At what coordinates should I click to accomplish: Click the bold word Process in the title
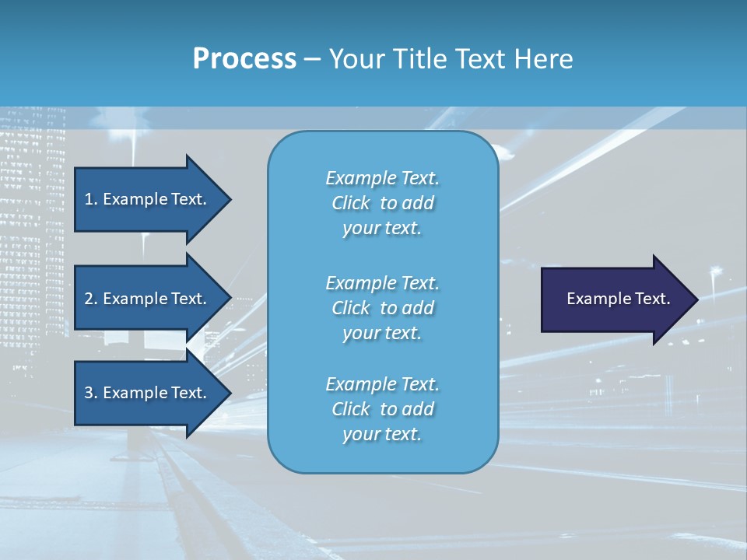244,59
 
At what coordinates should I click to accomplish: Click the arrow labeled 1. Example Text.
148,199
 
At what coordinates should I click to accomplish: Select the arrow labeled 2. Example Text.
148,299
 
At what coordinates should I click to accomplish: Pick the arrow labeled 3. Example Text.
148,393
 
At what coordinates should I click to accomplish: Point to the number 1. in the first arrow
90,199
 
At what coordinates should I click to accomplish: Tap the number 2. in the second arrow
90,299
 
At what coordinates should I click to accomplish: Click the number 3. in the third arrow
90,393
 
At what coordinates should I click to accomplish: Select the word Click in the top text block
351,204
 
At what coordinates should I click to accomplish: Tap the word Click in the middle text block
351,308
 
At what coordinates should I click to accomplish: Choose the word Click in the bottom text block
351,409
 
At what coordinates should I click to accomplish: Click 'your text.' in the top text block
382,229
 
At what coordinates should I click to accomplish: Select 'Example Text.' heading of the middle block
382,283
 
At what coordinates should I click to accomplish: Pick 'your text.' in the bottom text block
382,434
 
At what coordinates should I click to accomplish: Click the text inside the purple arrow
618,299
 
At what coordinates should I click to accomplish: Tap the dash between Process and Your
312,59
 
